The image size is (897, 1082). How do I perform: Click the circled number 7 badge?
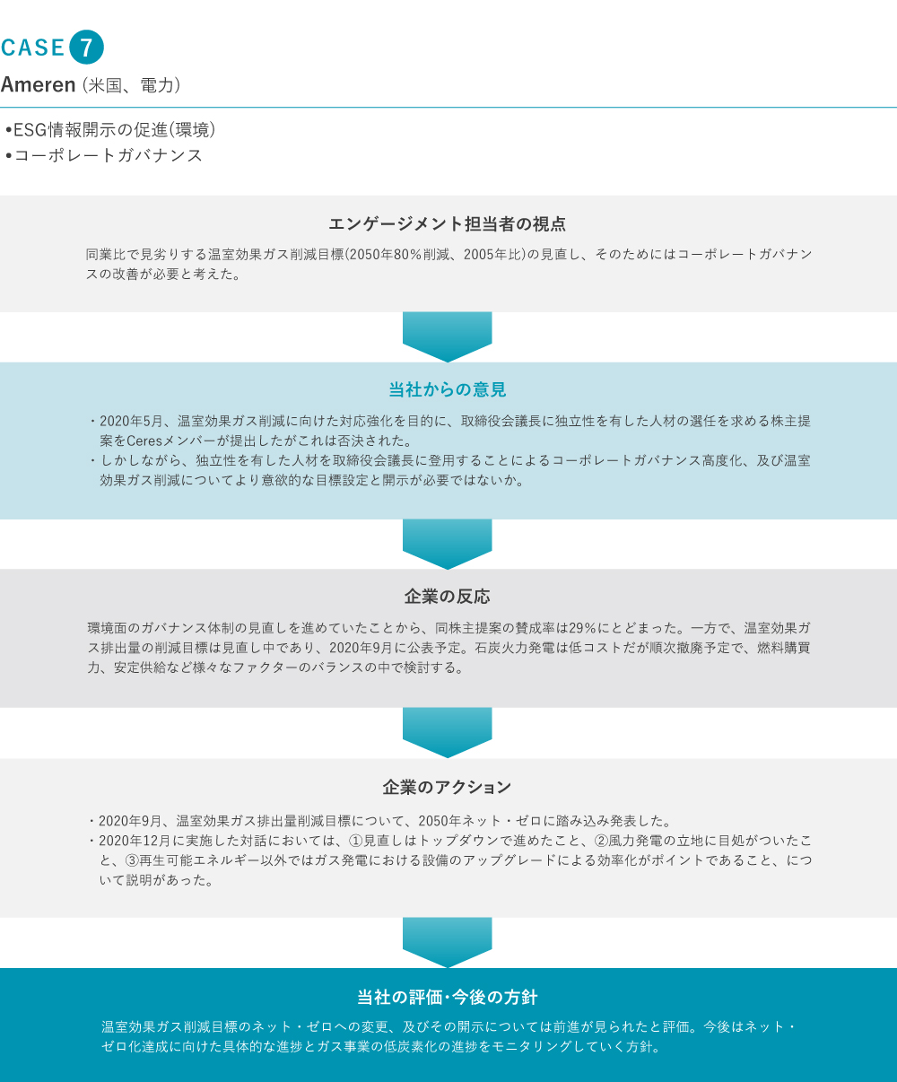(86, 48)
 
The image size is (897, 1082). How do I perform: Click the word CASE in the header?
(32, 48)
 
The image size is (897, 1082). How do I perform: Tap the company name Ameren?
(39, 84)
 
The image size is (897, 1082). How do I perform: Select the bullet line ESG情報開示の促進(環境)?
(109, 129)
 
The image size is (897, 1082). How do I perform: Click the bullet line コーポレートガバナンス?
(104, 155)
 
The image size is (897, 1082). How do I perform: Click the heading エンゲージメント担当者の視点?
(448, 224)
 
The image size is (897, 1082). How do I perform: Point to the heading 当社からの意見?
(448, 389)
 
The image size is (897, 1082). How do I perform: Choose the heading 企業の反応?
(448, 597)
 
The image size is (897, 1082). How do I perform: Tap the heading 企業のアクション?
(448, 787)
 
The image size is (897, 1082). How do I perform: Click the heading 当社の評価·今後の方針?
(448, 997)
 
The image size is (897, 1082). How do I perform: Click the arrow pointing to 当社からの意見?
(448, 336)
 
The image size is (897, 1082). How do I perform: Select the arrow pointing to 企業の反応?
(448, 544)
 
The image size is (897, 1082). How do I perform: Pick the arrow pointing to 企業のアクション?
(448, 733)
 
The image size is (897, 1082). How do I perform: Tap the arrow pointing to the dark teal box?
(448, 942)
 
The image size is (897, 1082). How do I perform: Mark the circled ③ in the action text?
(132, 860)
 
